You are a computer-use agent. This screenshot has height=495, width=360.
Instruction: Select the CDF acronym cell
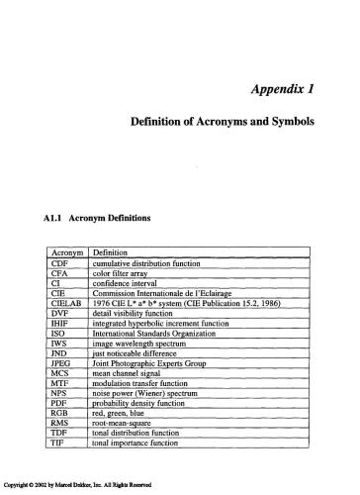coord(58,266)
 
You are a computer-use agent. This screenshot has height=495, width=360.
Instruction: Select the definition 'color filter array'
coord(124,278)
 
